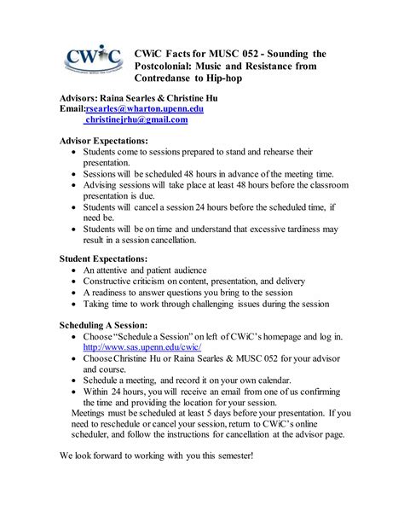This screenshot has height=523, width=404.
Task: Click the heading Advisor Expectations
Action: pyautogui.click(x=103, y=140)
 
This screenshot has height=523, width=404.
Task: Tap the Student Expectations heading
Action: pyautogui.click(x=103, y=258)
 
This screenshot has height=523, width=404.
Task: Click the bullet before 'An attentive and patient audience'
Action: pyautogui.click(x=76, y=270)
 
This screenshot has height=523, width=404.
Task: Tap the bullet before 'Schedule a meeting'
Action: pyautogui.click(x=76, y=379)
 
